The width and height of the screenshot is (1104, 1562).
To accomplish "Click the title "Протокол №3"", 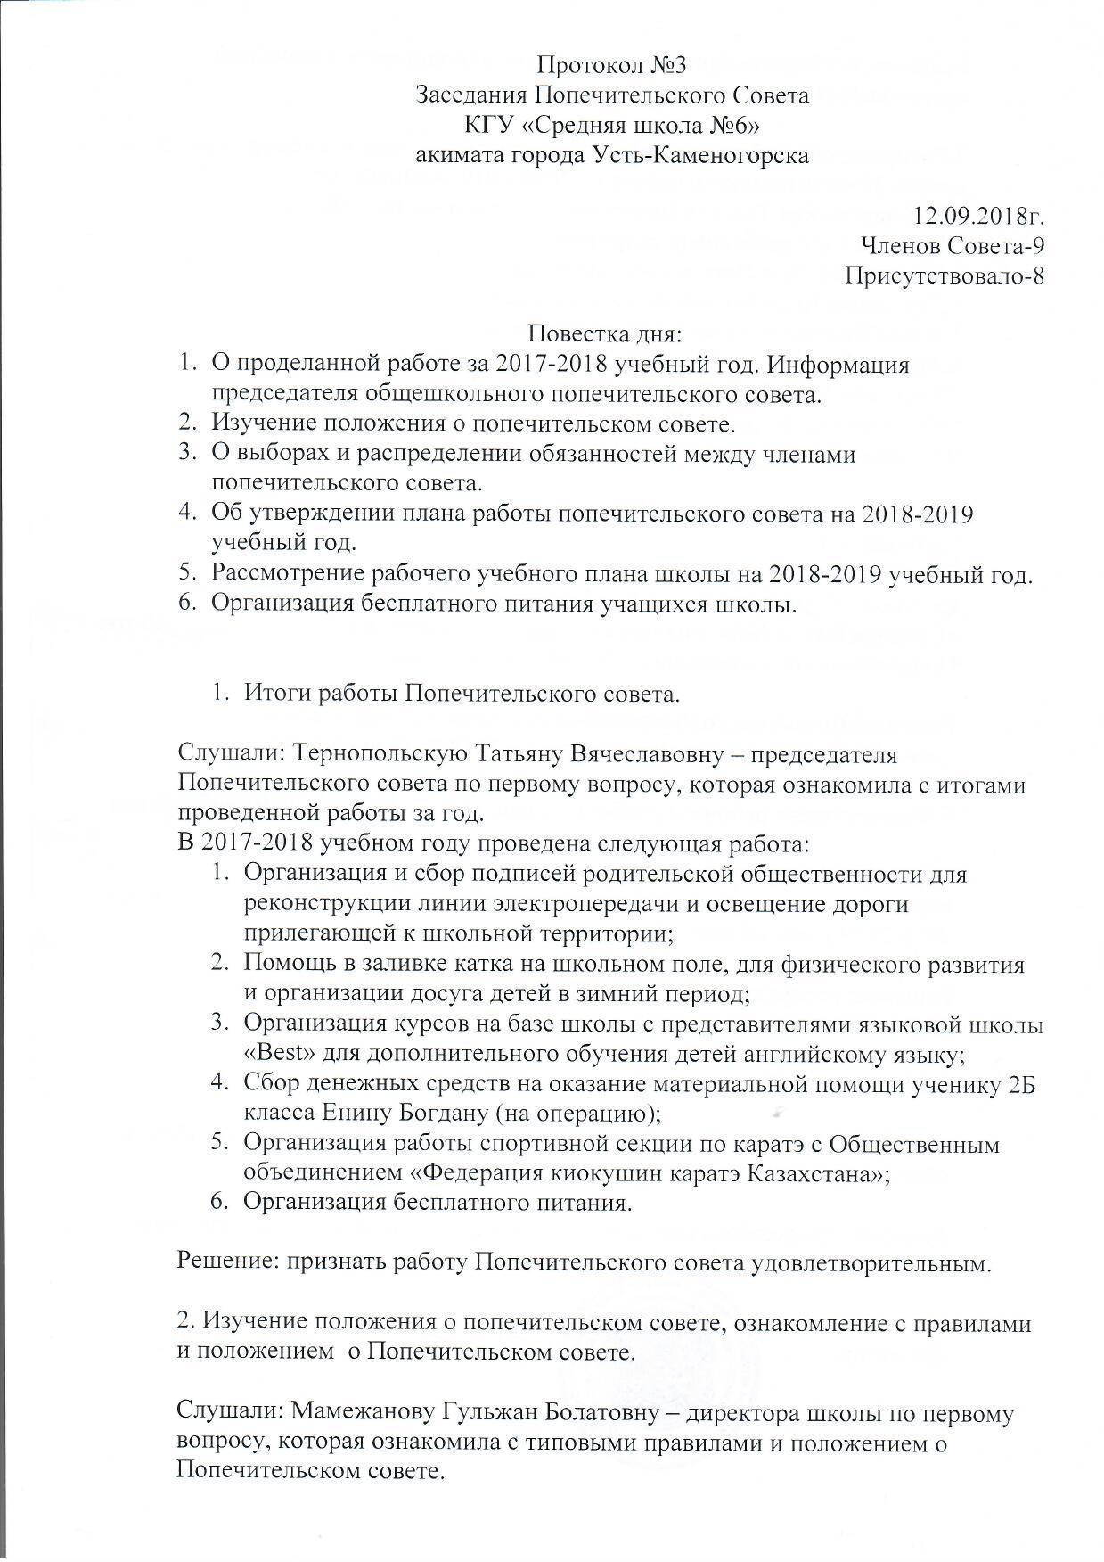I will [x=611, y=65].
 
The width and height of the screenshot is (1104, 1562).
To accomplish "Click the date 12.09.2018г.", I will [x=978, y=215].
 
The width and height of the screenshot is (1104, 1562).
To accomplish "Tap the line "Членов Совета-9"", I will [x=953, y=245].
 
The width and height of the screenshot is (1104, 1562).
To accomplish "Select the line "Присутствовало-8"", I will [x=944, y=275].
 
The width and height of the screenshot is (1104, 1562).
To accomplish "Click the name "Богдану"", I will [x=442, y=1114].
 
